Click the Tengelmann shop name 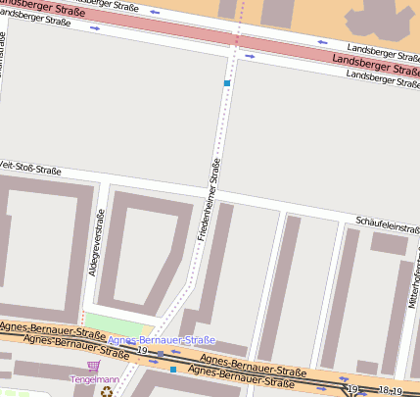click(x=95, y=379)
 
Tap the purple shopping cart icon click(x=94, y=367)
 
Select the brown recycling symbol click(x=107, y=390)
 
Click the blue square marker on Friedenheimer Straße click(x=227, y=83)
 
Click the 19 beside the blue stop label click(x=143, y=350)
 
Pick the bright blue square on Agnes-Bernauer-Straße click(x=173, y=370)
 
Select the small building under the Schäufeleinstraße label click(x=389, y=243)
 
